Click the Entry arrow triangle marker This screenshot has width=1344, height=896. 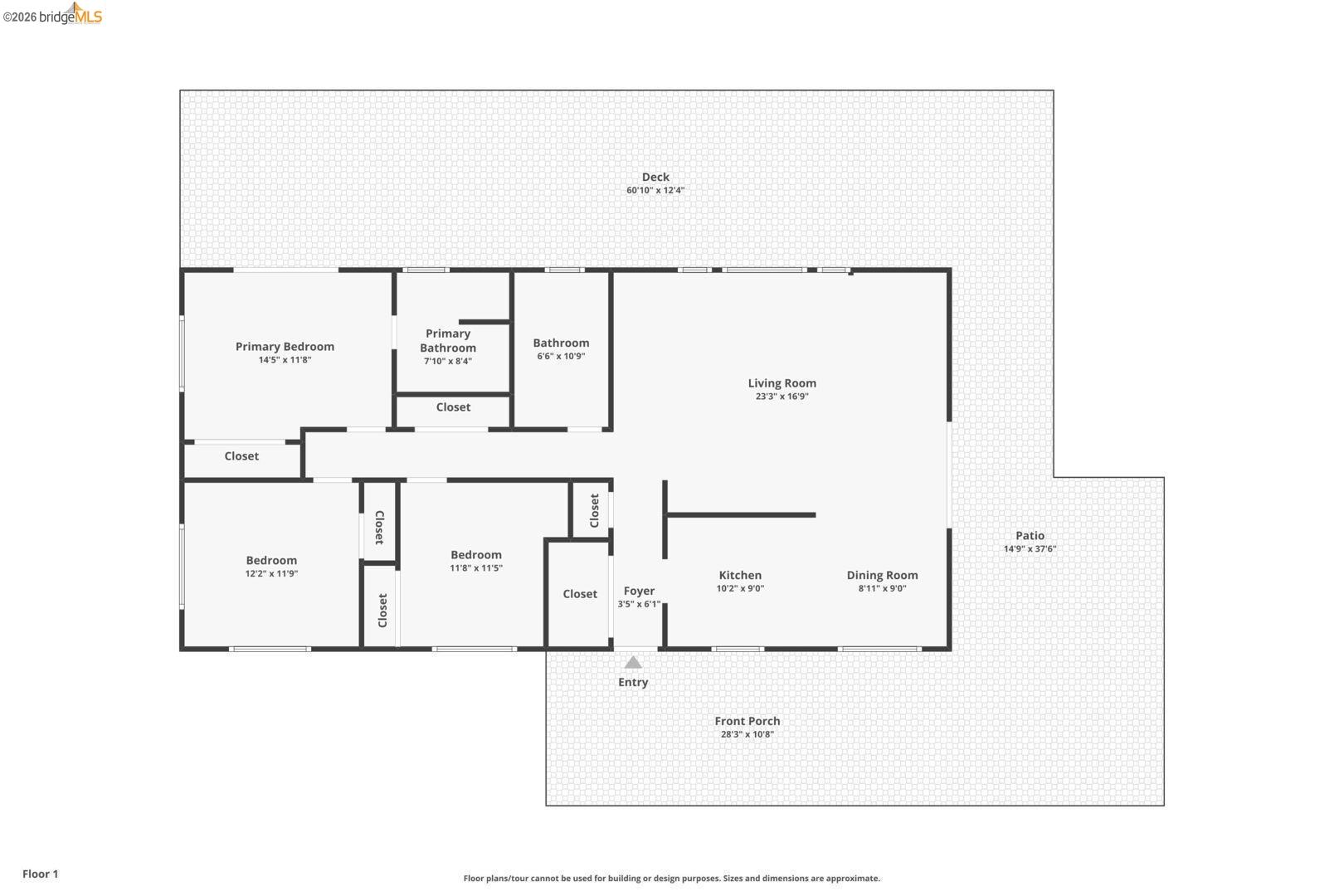[x=633, y=662]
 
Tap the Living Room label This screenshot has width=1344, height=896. [x=782, y=382]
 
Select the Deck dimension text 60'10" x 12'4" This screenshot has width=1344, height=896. [x=655, y=190]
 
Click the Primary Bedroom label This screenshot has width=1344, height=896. [x=285, y=346]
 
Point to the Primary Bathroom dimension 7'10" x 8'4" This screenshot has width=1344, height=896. [x=447, y=361]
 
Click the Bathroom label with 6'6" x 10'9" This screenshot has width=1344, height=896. [x=561, y=343]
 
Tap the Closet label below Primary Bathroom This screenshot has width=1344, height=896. [x=453, y=407]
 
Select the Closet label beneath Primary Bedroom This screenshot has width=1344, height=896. [x=241, y=455]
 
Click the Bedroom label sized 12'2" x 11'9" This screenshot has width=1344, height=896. [x=271, y=560]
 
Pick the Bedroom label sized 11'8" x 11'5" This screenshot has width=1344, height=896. [x=476, y=554]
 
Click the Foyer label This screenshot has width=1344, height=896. [x=639, y=591]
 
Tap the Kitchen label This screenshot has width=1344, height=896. [x=740, y=575]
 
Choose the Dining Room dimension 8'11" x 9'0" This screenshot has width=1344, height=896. [x=882, y=588]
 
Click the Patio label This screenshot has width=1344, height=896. [x=1030, y=535]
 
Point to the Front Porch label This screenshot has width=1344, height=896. [x=747, y=721]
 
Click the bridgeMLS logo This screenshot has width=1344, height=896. [x=52, y=15]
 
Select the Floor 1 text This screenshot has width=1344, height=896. [x=40, y=874]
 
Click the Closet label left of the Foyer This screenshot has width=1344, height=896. [x=580, y=593]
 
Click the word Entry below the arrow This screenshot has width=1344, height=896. [x=633, y=682]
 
